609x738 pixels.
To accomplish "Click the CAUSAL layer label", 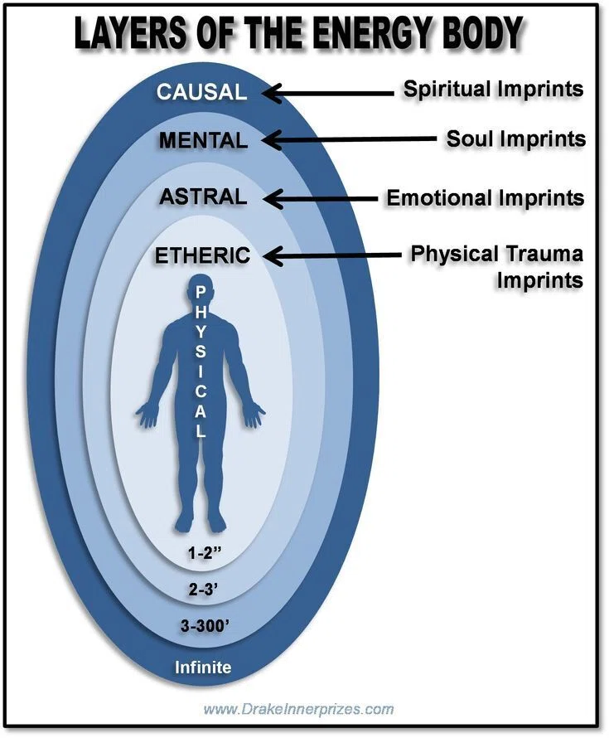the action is [x=201, y=91].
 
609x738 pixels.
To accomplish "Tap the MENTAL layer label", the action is [x=203, y=140].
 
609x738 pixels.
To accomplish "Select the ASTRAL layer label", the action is [x=203, y=197].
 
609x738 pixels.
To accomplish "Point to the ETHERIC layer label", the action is [x=203, y=255].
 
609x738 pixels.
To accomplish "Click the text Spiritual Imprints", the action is [x=493, y=89].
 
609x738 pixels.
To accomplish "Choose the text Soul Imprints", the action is [x=516, y=138].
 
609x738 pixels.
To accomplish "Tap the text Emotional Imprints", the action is [x=486, y=197].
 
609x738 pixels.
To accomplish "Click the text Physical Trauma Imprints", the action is [x=497, y=266].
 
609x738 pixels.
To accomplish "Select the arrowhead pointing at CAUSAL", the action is [x=272, y=93].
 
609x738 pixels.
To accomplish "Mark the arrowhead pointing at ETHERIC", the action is [x=273, y=256].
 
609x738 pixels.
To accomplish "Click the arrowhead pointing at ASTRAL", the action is [x=273, y=199].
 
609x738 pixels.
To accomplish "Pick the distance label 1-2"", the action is [x=204, y=552].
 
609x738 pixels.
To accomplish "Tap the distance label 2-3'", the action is [x=203, y=590].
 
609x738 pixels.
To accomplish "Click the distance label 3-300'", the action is [x=205, y=625].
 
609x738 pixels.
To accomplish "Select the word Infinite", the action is [x=203, y=667].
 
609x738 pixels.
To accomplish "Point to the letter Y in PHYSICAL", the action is [x=201, y=333].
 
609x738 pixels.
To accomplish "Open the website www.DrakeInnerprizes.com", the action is [x=298, y=708].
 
